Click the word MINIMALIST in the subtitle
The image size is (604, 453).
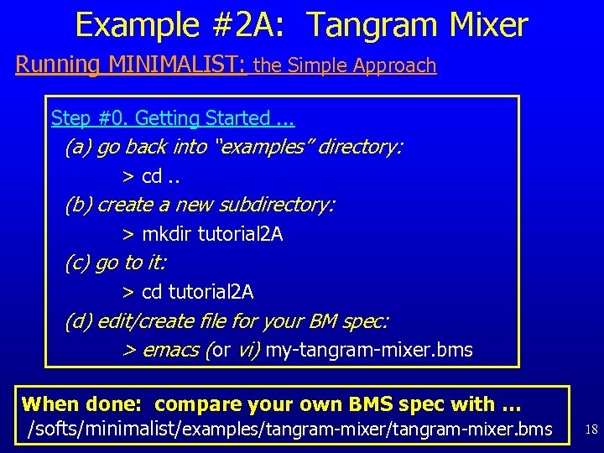click(177, 65)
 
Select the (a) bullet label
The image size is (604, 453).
click(79, 148)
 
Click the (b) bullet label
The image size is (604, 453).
click(79, 206)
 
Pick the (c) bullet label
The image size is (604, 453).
click(78, 263)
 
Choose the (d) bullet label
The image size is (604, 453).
click(79, 321)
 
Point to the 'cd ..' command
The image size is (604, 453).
click(159, 177)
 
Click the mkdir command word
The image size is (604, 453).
click(167, 235)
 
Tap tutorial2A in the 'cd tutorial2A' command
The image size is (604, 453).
click(211, 293)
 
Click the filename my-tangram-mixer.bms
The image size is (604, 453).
click(369, 350)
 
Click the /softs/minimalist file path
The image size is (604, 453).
click(289, 430)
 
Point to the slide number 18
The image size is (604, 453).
click(591, 430)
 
